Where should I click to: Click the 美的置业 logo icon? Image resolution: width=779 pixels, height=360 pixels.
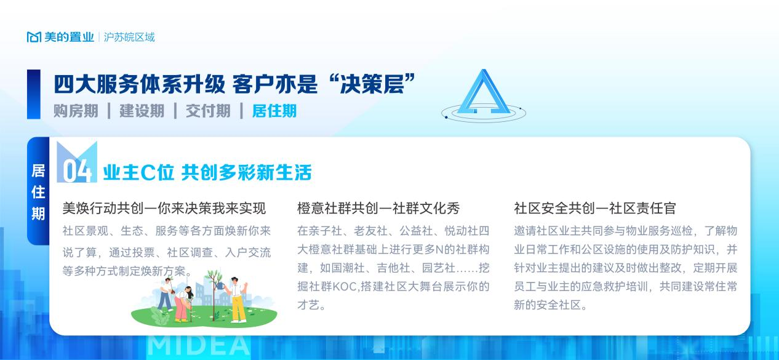(34, 37)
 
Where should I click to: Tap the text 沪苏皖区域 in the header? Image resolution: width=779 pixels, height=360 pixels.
(129, 37)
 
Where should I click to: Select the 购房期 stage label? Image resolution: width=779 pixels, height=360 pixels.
(76, 111)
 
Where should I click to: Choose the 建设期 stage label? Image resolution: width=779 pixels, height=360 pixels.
(142, 111)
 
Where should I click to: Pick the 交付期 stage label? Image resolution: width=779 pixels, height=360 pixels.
(208, 111)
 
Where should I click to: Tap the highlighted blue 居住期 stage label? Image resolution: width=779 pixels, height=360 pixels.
(274, 111)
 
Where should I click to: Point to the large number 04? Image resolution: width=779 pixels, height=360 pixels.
(77, 170)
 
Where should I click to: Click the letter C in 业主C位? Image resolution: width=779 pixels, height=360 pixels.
(148, 172)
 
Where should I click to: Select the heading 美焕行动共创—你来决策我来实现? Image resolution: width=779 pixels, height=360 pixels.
(164, 209)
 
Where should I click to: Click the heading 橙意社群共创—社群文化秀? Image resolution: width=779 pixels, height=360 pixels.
(378, 209)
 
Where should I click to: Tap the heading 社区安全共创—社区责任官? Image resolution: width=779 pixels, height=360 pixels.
(595, 209)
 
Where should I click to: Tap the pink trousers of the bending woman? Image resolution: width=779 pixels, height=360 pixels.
(181, 309)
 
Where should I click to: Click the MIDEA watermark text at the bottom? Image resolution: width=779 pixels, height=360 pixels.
(199, 346)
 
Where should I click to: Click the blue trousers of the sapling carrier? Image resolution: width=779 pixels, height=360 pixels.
(164, 300)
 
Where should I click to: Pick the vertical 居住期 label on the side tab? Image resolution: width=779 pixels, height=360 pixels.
(38, 192)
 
